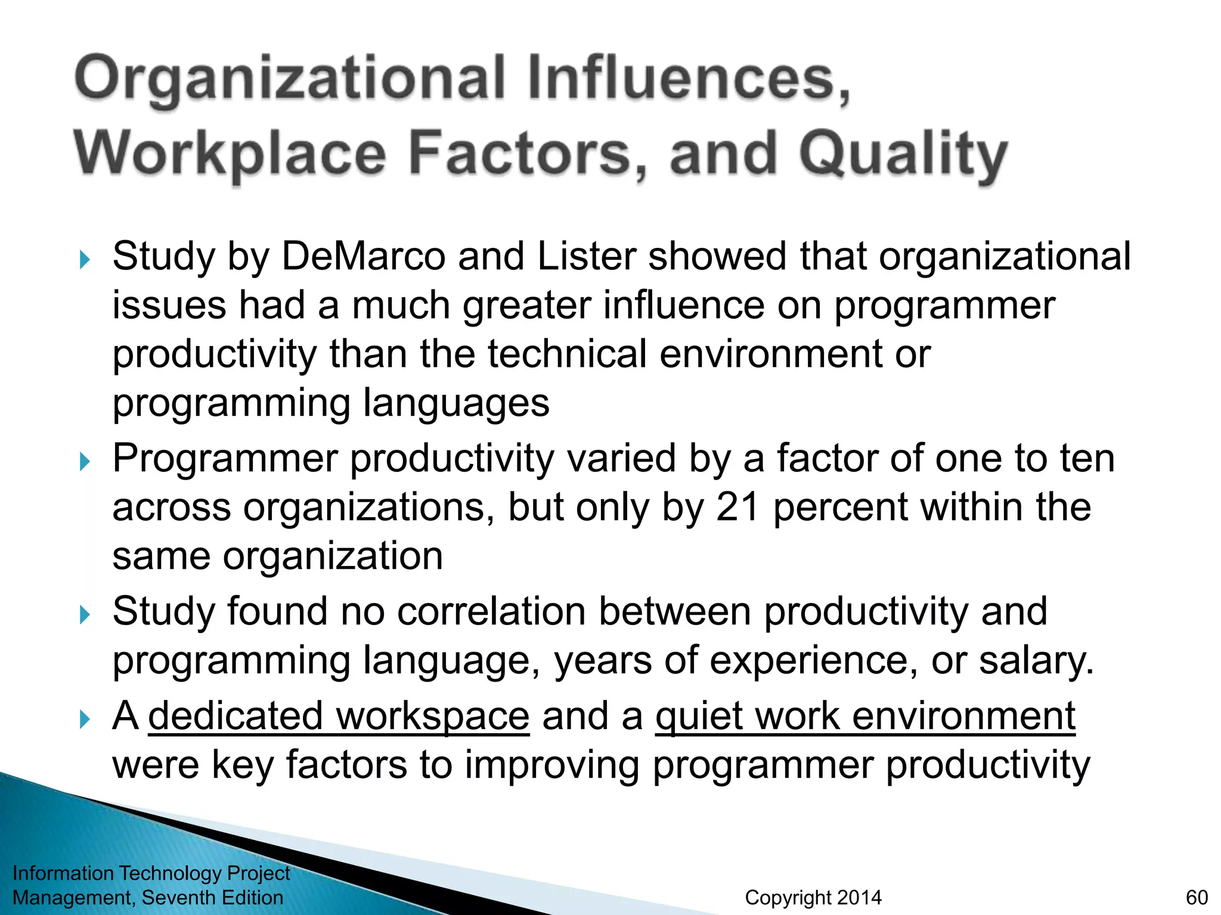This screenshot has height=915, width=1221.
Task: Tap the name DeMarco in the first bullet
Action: pyautogui.click(x=363, y=257)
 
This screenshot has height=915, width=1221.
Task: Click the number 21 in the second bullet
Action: pyautogui.click(x=737, y=508)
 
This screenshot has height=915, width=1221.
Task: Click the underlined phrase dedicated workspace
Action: pyautogui.click(x=339, y=716)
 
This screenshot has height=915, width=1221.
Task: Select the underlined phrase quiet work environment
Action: pyautogui.click(x=865, y=716)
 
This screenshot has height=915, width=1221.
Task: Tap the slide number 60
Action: pyautogui.click(x=1197, y=897)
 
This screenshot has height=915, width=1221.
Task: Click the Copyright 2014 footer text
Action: pyautogui.click(x=813, y=897)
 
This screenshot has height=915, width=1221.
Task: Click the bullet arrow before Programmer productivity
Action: pyautogui.click(x=84, y=461)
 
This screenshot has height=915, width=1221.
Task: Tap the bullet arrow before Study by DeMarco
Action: pyautogui.click(x=84, y=259)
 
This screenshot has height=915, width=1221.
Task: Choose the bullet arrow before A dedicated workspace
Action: pyautogui.click(x=84, y=719)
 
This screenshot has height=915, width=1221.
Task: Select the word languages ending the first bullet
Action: pyautogui.click(x=456, y=404)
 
